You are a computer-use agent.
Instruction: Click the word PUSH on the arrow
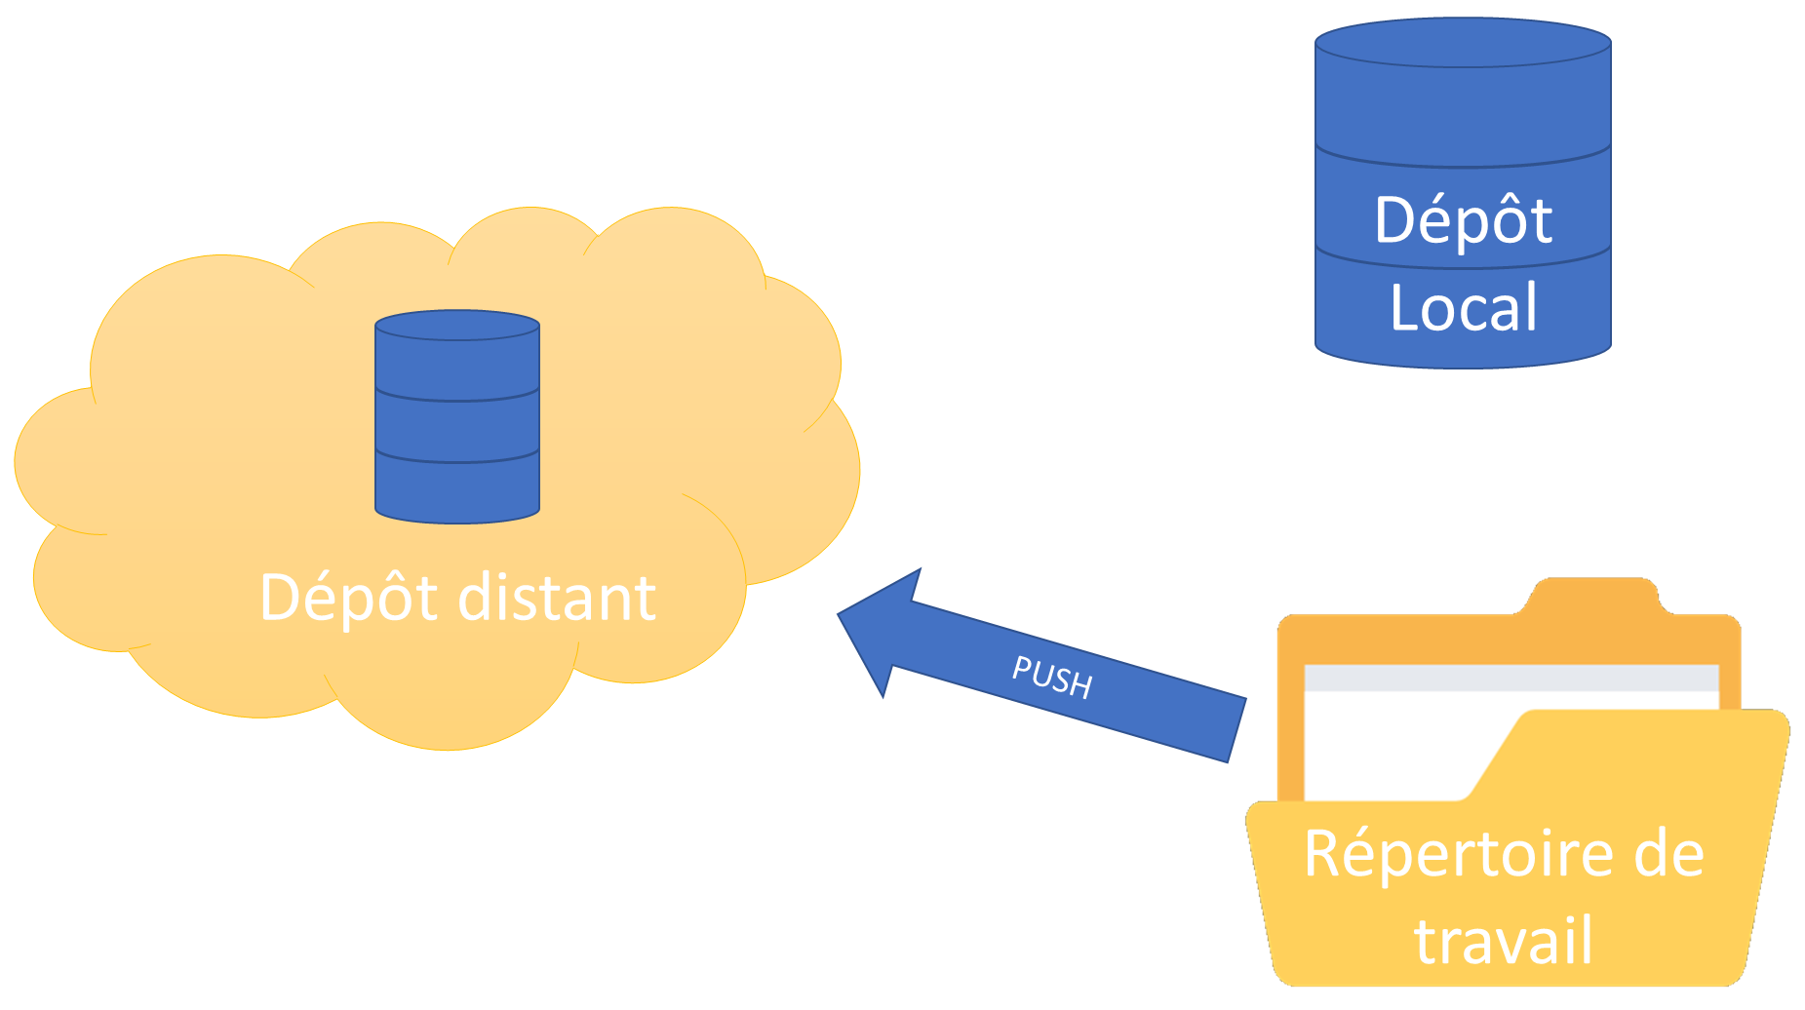click(x=1052, y=676)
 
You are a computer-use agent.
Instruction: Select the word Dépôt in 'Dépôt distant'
click(x=348, y=598)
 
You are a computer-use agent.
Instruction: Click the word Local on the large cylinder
click(x=1463, y=308)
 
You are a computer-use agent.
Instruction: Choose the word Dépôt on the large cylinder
click(x=1463, y=220)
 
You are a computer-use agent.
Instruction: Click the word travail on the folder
click(x=1503, y=940)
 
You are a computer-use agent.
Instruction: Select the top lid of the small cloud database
click(x=457, y=325)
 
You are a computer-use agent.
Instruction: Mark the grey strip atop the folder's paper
click(x=1511, y=678)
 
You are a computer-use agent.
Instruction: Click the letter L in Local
click(x=1402, y=308)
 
